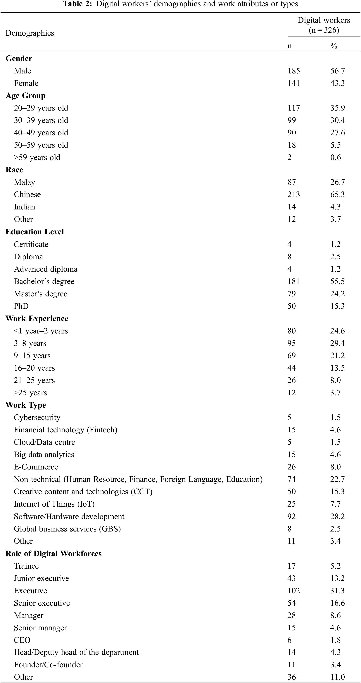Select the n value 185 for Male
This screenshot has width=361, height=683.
click(294, 71)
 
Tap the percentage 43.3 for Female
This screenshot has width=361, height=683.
click(337, 83)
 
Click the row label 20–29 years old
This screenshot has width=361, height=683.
click(41, 108)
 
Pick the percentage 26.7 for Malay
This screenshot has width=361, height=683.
click(337, 182)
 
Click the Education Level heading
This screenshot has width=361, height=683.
click(35, 232)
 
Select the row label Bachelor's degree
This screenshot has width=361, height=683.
click(44, 281)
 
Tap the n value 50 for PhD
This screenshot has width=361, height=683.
click(292, 306)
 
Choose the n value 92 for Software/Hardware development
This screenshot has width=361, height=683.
click(292, 517)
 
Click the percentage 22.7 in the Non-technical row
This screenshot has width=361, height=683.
click(337, 479)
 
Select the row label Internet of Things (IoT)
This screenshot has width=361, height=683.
click(54, 504)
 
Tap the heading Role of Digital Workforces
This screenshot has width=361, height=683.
click(53, 554)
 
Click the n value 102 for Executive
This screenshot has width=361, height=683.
click(294, 591)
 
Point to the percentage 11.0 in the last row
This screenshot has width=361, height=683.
click(337, 677)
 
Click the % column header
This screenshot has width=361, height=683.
click(334, 46)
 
